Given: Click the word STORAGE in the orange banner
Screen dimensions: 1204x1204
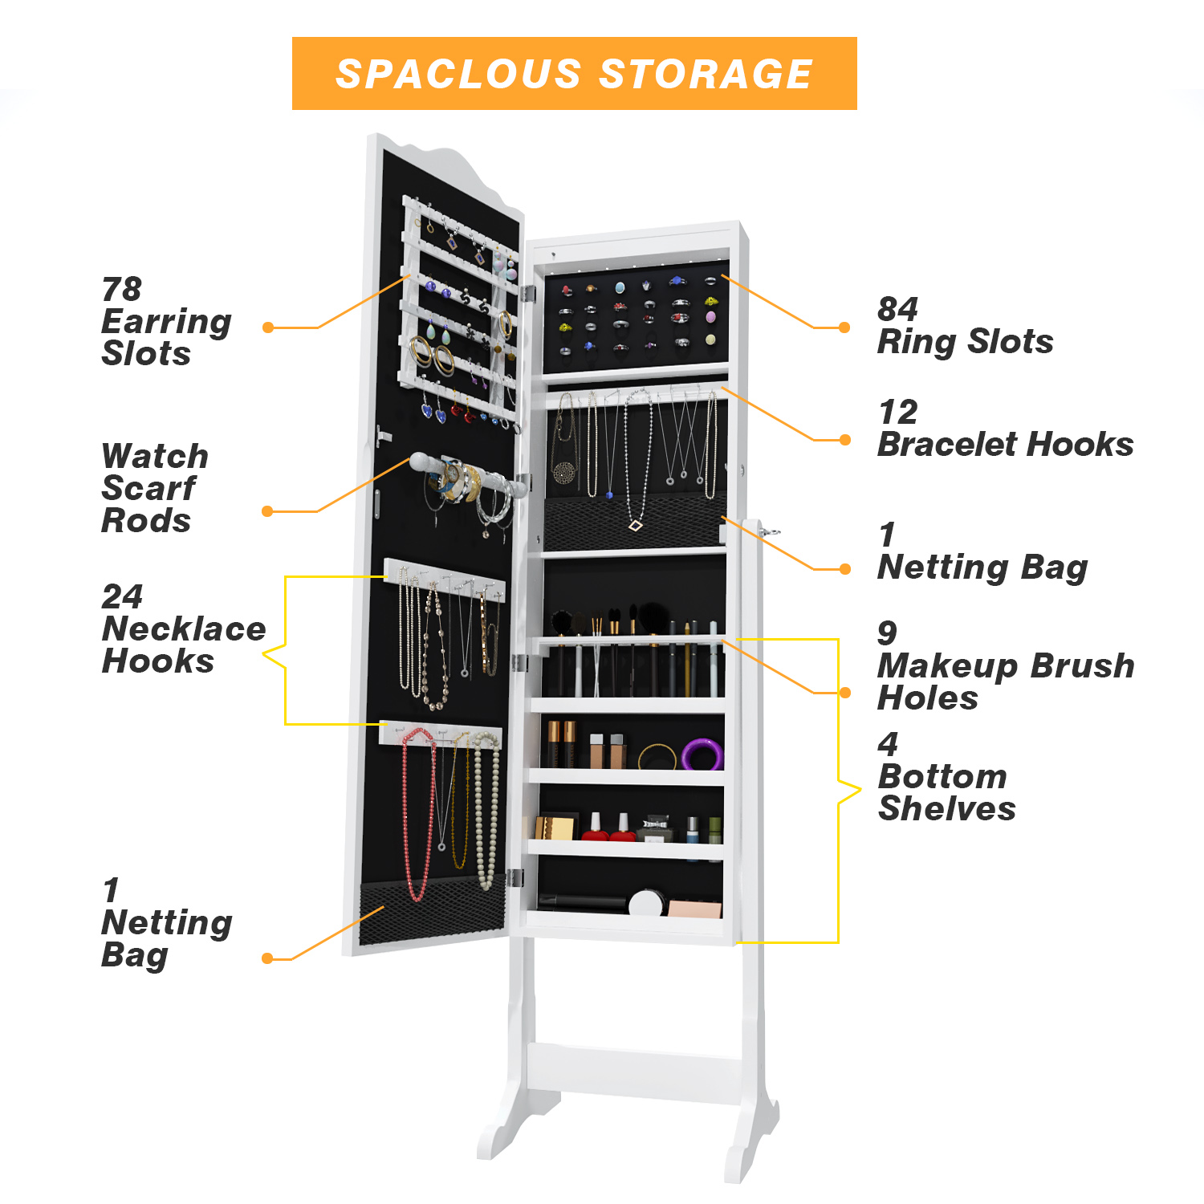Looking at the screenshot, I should click(x=706, y=74).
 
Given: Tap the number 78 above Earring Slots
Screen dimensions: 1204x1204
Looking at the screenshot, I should click(x=121, y=289).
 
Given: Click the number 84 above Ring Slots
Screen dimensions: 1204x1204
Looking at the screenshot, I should click(x=897, y=309).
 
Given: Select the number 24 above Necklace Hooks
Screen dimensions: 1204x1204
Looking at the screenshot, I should click(x=122, y=596).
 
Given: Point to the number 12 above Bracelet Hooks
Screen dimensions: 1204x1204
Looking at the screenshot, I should click(x=897, y=413).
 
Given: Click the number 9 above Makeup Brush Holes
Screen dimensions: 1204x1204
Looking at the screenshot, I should click(x=887, y=633).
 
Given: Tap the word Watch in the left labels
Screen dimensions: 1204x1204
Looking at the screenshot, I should click(x=155, y=456).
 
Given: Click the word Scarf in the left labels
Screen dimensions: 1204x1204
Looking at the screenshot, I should click(x=148, y=488).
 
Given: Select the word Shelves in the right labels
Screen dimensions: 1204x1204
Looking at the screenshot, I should click(x=947, y=808).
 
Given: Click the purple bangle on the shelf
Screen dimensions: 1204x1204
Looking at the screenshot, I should click(x=702, y=755).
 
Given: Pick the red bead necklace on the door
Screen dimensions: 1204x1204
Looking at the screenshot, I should click(x=417, y=811).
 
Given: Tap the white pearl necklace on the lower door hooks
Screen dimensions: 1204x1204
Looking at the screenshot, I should click(x=486, y=811).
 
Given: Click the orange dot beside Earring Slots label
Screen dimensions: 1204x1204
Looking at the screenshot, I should click(x=268, y=327).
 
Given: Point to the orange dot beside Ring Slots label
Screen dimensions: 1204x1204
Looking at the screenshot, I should click(x=844, y=327).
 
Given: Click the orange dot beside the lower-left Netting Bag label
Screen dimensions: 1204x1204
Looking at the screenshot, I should click(x=268, y=958).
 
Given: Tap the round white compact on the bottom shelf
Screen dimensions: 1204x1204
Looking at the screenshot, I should click(x=645, y=902).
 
